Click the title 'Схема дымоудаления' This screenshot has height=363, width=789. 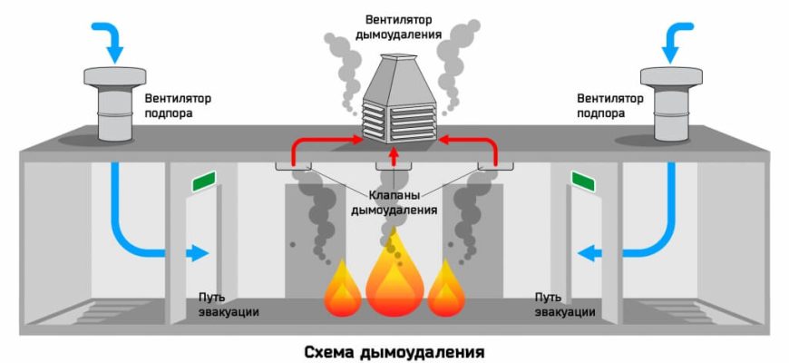394,349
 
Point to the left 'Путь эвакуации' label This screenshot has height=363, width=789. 229,305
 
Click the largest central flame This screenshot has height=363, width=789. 394,277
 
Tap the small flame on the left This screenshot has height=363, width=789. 343,289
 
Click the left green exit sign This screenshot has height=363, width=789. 206,182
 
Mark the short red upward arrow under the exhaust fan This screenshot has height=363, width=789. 394,157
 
